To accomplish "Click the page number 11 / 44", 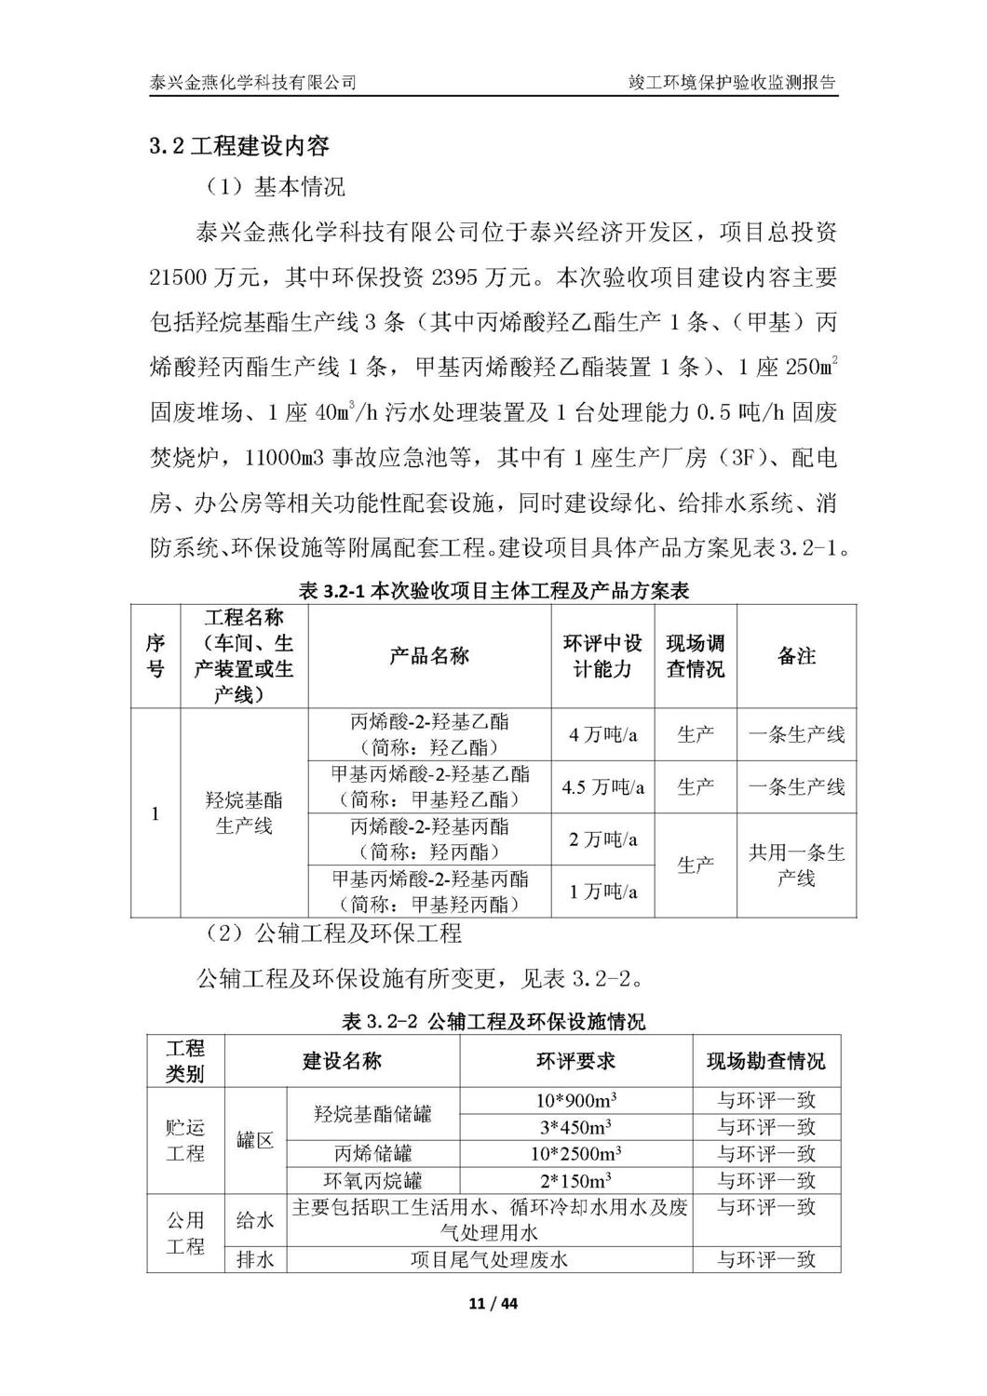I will [493, 1304].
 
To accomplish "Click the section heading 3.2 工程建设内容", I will [239, 146].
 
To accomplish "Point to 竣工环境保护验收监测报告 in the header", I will [732, 82].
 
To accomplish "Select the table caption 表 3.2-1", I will [493, 590].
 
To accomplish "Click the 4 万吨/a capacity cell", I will [603, 734].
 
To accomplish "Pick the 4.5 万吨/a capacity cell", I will [603, 787].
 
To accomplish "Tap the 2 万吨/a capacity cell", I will [603, 839].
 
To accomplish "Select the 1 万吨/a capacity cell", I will [603, 892].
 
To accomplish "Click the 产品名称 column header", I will [429, 656].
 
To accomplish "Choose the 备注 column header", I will [796, 656].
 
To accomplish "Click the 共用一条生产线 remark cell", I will [796, 866].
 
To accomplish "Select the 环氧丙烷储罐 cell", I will [372, 1181].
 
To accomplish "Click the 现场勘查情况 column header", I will [765, 1061].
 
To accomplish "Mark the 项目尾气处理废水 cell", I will [489, 1260].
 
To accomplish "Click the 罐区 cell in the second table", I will [255, 1140].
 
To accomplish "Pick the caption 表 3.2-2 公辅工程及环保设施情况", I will [493, 1022].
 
